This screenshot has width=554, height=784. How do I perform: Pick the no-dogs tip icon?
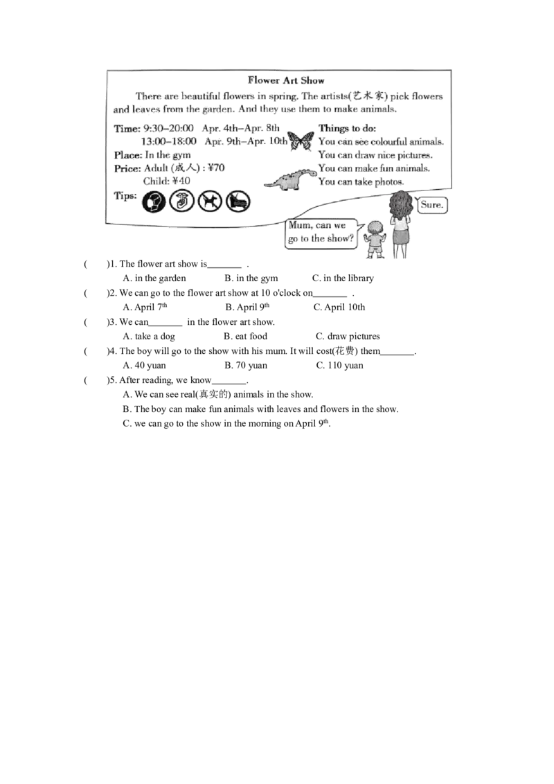(x=210, y=201)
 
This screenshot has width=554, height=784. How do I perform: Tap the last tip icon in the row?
(x=239, y=201)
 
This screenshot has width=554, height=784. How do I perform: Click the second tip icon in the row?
(x=181, y=201)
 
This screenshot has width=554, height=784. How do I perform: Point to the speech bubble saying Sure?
(x=431, y=206)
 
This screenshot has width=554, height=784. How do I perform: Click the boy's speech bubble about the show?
(x=320, y=233)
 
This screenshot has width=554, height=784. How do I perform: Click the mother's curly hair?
(x=400, y=204)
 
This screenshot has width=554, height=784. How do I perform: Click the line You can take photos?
(x=360, y=181)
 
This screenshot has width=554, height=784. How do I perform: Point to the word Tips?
(x=125, y=196)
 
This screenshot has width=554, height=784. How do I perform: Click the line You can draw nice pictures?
(x=375, y=155)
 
